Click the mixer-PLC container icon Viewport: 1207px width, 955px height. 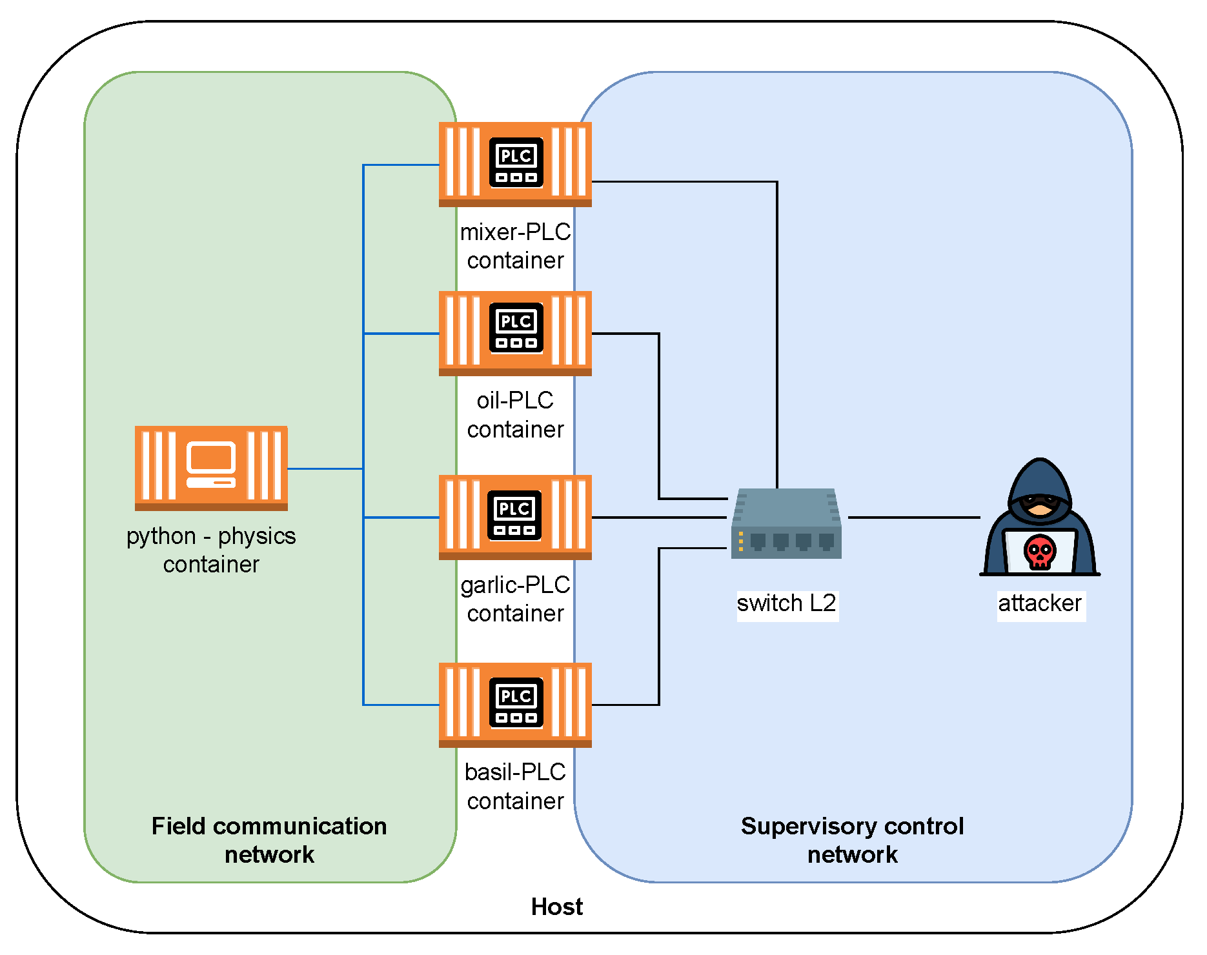tap(515, 164)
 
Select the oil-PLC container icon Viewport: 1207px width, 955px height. tap(515, 333)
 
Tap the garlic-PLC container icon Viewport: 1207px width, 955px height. tap(515, 517)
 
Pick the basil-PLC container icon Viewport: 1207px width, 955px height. tap(515, 705)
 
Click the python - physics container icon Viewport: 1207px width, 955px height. tap(211, 468)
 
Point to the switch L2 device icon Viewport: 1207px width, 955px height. tap(786, 523)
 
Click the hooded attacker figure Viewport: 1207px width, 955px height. tap(1040, 516)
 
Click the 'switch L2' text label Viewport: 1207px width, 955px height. tap(786, 603)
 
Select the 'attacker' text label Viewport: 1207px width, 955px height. tap(1040, 603)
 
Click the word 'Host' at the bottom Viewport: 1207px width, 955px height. tap(556, 907)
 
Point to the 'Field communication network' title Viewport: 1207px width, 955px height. tap(269, 840)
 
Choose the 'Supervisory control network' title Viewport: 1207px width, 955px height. tap(852, 840)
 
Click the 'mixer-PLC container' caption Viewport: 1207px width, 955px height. tap(515, 246)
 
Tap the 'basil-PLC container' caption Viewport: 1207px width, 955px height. tap(515, 786)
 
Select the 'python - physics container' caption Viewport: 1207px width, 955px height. tap(211, 550)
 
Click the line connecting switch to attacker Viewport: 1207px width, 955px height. tap(913, 517)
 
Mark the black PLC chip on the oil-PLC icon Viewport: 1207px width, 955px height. tap(516, 328)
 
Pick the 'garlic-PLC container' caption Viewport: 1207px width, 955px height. tap(515, 599)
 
